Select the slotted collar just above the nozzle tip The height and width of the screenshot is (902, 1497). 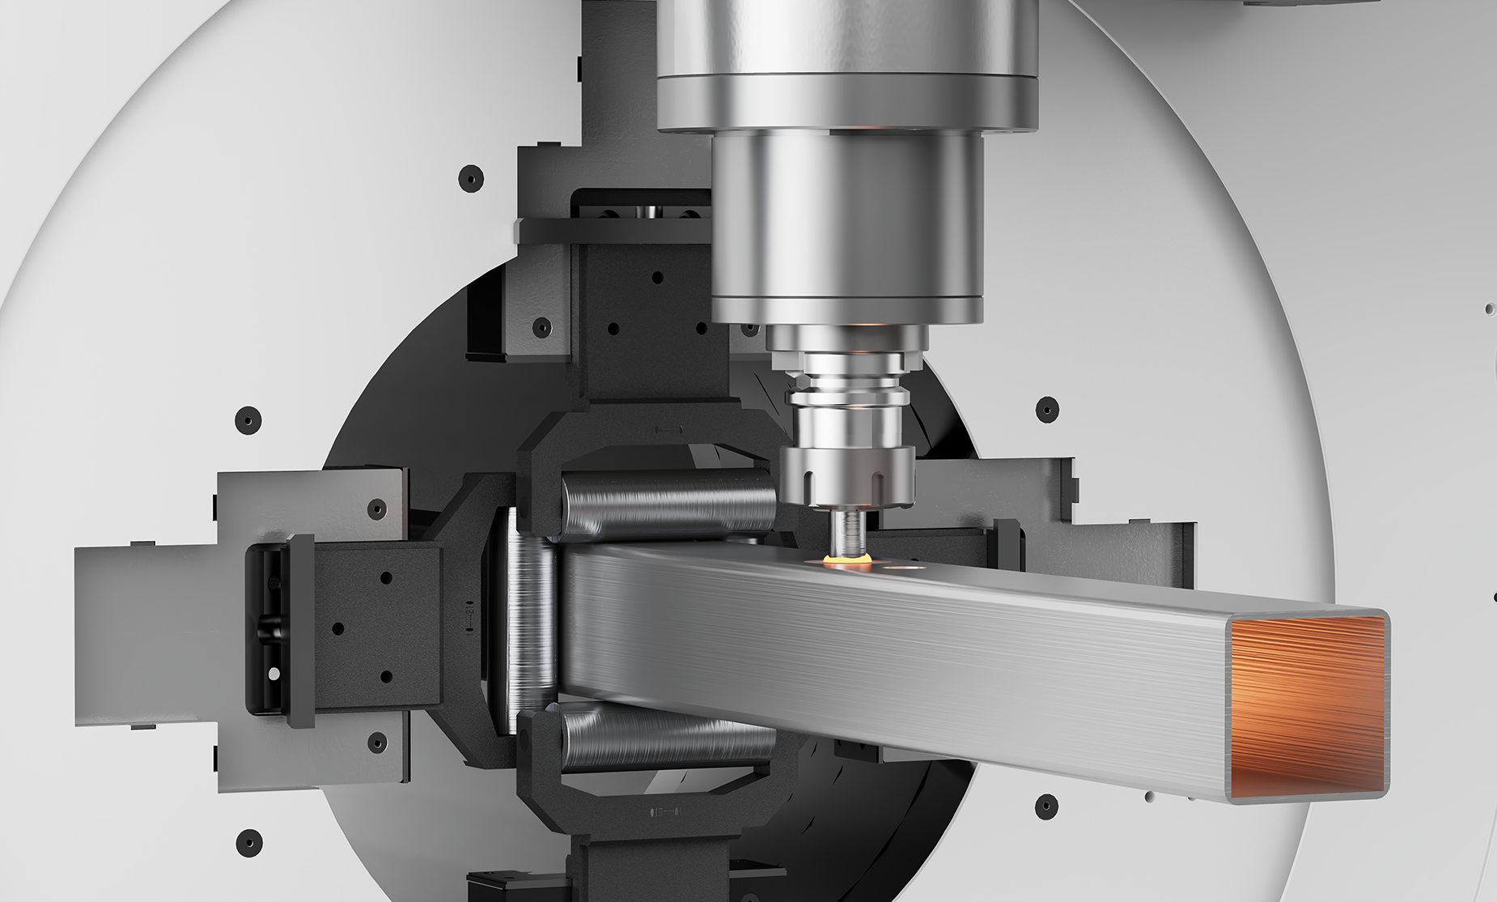click(x=846, y=478)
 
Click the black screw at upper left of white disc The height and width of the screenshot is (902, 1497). click(x=469, y=178)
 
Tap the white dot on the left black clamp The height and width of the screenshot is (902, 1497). click(x=274, y=673)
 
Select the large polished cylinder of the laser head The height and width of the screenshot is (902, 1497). click(x=847, y=227)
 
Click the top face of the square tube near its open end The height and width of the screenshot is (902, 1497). click(x=1133, y=591)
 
